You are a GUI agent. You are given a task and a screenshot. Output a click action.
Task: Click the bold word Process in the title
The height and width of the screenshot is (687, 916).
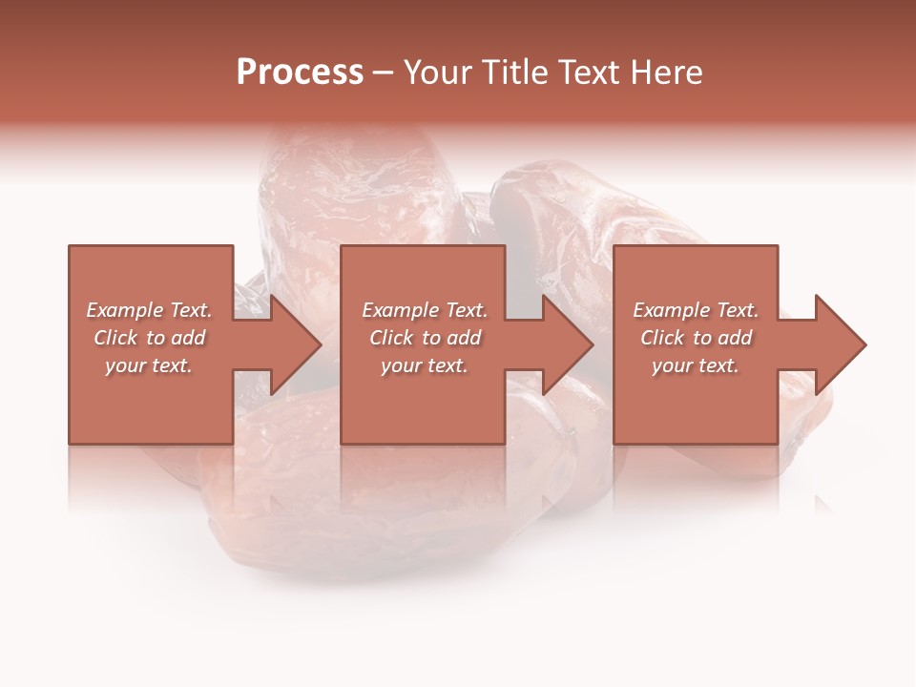(300, 73)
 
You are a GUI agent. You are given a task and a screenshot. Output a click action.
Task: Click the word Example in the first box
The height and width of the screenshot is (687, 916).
(123, 310)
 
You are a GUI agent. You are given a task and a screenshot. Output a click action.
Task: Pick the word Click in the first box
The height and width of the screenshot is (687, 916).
(116, 338)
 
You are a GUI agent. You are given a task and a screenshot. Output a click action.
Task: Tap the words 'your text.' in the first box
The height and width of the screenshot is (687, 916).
(149, 365)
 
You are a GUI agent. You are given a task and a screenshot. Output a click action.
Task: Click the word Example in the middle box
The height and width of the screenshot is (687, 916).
(399, 310)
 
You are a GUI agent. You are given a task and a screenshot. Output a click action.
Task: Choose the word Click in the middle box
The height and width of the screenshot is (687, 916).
(392, 338)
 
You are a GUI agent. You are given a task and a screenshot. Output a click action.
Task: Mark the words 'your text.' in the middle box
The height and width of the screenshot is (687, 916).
(424, 365)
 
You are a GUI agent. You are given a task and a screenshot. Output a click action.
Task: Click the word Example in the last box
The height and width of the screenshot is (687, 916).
(670, 310)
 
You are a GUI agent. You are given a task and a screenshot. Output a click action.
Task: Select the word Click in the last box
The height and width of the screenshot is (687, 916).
(663, 338)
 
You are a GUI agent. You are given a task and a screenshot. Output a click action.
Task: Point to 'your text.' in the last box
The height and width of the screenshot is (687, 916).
(696, 365)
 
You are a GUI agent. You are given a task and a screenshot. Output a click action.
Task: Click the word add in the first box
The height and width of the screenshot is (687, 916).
(189, 338)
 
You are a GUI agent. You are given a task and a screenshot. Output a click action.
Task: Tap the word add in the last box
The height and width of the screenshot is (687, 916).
(736, 338)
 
